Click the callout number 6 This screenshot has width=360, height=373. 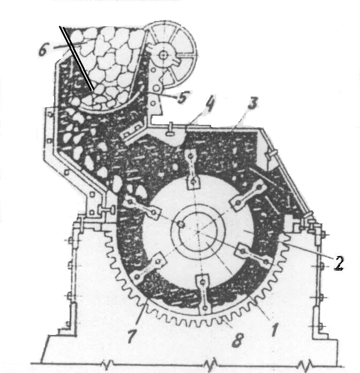pos(43,51)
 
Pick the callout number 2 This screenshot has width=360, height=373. pos(338,262)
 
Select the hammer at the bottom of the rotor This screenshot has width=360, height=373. pos(202,294)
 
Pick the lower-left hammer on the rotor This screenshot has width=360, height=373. pos(148,270)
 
